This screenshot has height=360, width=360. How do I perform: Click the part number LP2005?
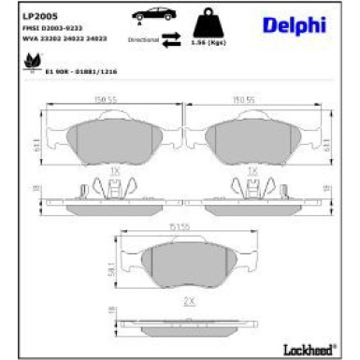[x=36, y=14]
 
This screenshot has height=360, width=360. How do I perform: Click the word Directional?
[x=142, y=40]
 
